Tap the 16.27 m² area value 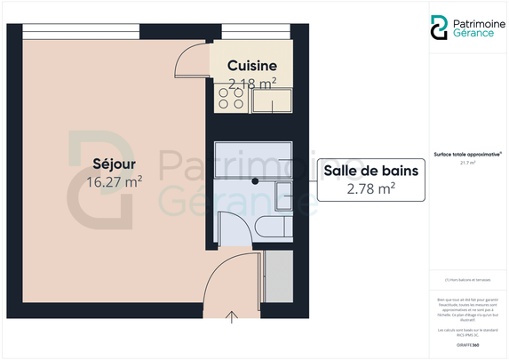[x=114, y=182]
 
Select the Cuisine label [x=252, y=66]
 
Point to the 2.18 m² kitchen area [x=252, y=84]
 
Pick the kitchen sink [x=272, y=103]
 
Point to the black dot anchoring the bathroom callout [x=255, y=180]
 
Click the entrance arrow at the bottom [x=232, y=316]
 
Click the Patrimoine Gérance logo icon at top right [x=439, y=28]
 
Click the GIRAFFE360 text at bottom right [x=467, y=343]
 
